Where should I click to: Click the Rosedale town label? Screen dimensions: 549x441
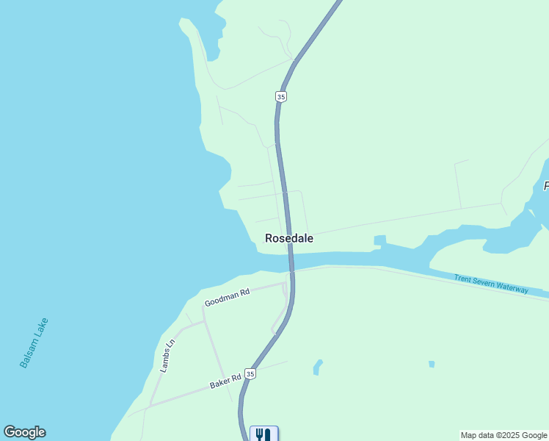(289, 238)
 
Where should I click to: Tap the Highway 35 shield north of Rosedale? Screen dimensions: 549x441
(281, 96)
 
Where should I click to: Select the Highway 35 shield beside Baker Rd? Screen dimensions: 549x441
(251, 374)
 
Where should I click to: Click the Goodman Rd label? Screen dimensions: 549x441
(227, 297)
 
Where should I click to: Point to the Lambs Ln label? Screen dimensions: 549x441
(169, 356)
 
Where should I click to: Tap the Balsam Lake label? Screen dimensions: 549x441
(34, 343)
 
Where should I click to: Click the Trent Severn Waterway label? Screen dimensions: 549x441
(491, 284)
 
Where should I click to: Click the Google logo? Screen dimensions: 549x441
(24, 432)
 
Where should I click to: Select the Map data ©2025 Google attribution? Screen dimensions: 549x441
(503, 435)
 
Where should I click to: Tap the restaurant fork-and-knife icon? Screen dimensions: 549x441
(263, 434)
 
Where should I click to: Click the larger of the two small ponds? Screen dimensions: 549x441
(317, 366)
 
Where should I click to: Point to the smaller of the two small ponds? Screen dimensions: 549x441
(432, 364)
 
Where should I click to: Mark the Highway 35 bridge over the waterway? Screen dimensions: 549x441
(291, 261)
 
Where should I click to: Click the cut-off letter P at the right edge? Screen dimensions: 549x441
(546, 187)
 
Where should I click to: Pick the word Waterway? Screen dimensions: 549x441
(512, 287)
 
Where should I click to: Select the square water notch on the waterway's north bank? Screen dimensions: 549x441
(379, 240)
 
